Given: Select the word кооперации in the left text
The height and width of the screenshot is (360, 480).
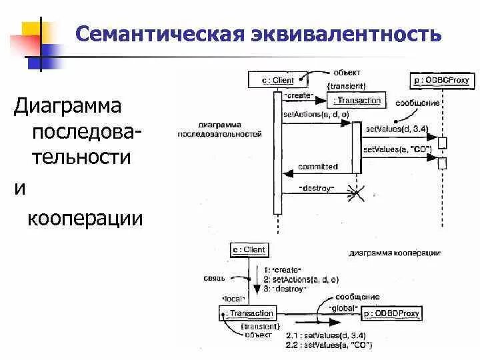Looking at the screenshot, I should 85,217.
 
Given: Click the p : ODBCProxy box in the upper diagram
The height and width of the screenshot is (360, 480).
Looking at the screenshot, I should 442,81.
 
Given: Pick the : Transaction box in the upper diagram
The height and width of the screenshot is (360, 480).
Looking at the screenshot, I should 357,101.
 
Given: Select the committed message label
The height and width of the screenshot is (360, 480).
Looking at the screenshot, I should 318,167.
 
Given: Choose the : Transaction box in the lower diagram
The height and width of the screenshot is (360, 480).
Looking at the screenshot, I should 248,313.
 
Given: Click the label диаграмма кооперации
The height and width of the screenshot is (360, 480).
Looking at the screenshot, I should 393,254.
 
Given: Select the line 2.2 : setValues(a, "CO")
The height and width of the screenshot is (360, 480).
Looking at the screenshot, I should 329,345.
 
